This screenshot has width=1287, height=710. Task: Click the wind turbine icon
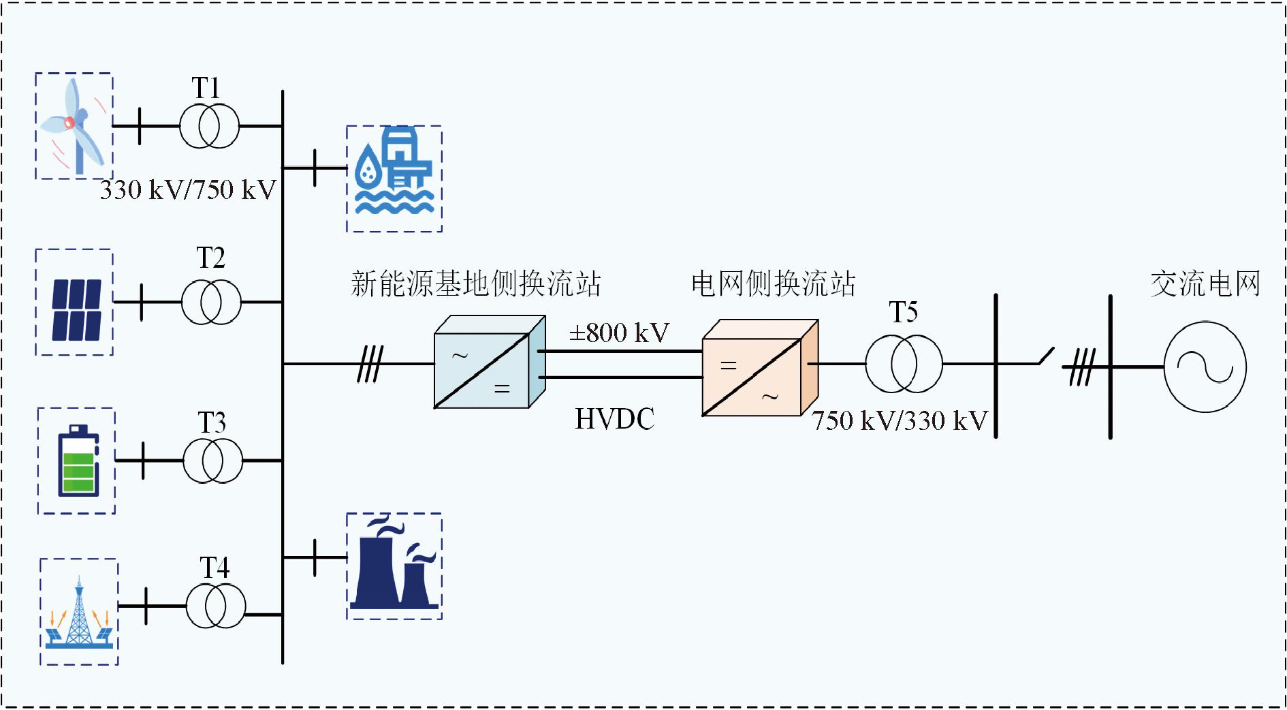tap(74, 125)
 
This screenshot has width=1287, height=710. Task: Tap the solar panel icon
tap(76, 310)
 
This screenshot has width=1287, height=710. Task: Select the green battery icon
tap(78, 461)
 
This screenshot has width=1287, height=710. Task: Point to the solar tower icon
tap(79, 613)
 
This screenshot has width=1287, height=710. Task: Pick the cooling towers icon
tap(394, 565)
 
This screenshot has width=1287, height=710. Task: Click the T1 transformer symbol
tap(210, 126)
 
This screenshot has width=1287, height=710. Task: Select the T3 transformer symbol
tap(212, 461)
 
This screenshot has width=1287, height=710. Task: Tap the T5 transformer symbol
tap(904, 364)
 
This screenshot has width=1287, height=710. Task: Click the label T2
tap(210, 258)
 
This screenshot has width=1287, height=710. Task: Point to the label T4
tap(214, 568)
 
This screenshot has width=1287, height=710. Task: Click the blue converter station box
tap(489, 362)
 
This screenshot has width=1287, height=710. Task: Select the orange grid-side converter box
tap(759, 368)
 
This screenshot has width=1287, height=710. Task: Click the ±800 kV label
tap(619, 333)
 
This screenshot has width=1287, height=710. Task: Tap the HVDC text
tap(615, 419)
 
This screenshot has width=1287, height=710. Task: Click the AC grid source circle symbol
tap(1205, 367)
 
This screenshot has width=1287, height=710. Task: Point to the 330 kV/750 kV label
tap(188, 190)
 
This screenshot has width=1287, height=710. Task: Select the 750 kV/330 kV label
tap(900, 420)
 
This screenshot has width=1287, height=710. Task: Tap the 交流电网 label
tap(1205, 283)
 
